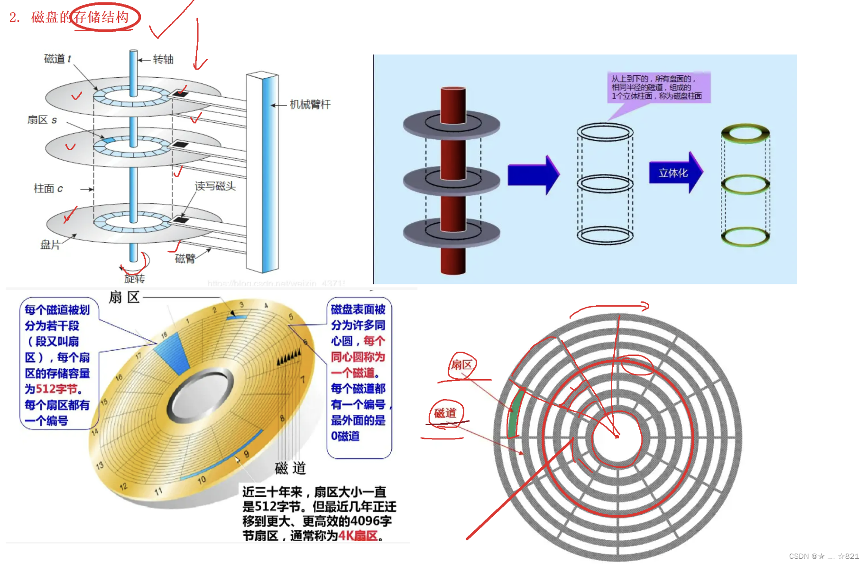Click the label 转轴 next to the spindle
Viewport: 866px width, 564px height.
(163, 59)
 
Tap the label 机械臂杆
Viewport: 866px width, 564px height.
(310, 104)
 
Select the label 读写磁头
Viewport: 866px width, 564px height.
(215, 186)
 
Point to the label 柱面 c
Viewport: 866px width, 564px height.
(48, 189)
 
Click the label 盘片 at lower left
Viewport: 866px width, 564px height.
(50, 245)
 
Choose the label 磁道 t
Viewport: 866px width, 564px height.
(57, 59)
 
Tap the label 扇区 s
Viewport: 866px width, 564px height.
(42, 120)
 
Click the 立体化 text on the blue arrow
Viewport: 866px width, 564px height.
(673, 173)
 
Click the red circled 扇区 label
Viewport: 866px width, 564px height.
(461, 365)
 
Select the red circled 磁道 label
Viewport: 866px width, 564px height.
(445, 413)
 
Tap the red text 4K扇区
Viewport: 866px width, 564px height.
(358, 536)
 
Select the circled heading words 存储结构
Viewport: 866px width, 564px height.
(101, 17)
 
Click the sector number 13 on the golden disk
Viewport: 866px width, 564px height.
(100, 466)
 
